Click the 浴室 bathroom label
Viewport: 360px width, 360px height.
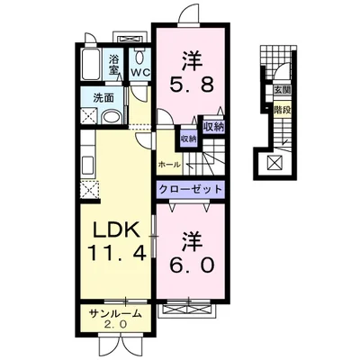click(112, 65)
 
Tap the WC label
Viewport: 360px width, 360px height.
click(139, 72)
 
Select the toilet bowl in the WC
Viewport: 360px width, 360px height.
click(139, 56)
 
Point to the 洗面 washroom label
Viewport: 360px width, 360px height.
click(103, 98)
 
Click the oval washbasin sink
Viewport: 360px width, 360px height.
click(112, 117)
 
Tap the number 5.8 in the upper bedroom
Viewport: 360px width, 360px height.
click(192, 85)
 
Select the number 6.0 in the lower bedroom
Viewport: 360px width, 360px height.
click(193, 265)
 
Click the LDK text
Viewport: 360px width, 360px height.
click(116, 230)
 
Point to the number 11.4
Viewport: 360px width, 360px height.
click(117, 253)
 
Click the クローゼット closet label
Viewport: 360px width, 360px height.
click(191, 189)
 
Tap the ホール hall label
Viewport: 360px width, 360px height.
click(169, 165)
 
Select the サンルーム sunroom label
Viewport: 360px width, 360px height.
click(115, 314)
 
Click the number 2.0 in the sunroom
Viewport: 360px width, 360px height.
click(116, 324)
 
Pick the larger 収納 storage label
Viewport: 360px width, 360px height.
click(214, 127)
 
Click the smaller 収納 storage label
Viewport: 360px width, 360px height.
click(188, 139)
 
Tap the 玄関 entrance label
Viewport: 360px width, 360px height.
click(282, 90)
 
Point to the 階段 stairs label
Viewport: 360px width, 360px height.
click(282, 110)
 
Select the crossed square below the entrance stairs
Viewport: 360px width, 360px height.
click(275, 163)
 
